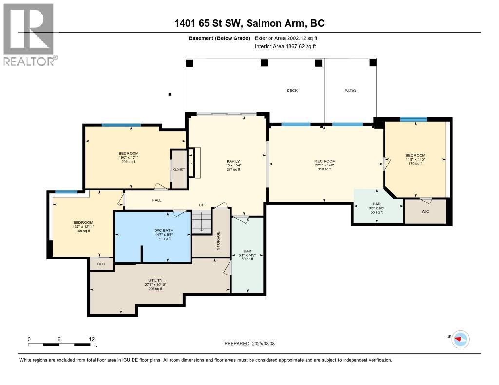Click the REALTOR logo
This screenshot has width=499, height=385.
(30, 34)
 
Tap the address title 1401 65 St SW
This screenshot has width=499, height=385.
(249, 23)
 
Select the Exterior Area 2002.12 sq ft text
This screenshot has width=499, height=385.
(287, 38)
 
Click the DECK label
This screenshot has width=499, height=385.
(292, 90)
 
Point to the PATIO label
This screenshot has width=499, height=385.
(350, 90)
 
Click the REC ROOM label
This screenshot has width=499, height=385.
(325, 161)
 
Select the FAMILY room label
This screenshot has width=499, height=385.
(232, 161)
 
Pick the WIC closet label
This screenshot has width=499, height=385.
(425, 212)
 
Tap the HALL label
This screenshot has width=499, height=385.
(156, 200)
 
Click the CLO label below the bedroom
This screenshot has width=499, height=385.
(101, 264)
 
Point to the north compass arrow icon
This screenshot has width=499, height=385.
(460, 339)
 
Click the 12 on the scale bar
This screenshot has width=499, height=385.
(91, 339)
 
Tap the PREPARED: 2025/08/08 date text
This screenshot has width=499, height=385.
(253, 343)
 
